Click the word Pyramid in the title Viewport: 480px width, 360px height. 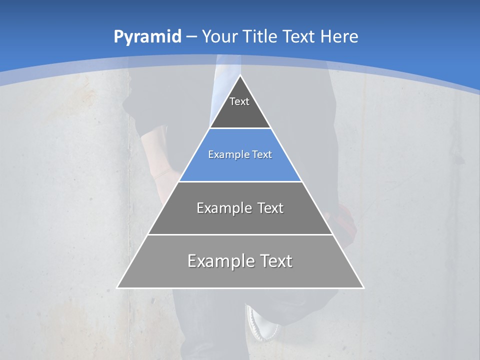(147, 37)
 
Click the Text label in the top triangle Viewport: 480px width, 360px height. (239, 101)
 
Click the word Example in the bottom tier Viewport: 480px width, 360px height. (220, 261)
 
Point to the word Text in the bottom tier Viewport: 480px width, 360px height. (273, 261)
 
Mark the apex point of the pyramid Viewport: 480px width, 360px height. (240, 75)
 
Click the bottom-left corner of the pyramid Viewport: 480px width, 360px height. (117, 287)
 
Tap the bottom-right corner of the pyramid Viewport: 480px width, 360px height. (363, 287)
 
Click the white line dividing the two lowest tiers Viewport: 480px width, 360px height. (240, 234)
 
